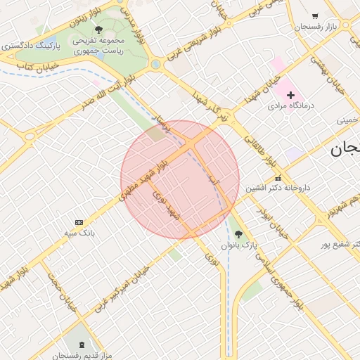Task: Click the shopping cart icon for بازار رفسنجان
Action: coord(314,16)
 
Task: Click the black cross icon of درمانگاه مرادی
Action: coord(290,94)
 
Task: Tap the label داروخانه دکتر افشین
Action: coord(278,188)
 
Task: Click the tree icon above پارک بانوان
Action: coord(238,234)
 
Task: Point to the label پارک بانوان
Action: coord(240,245)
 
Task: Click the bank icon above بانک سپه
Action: coord(79,221)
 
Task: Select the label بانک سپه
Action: coord(82,231)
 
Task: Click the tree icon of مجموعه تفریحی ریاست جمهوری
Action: coord(98,30)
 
